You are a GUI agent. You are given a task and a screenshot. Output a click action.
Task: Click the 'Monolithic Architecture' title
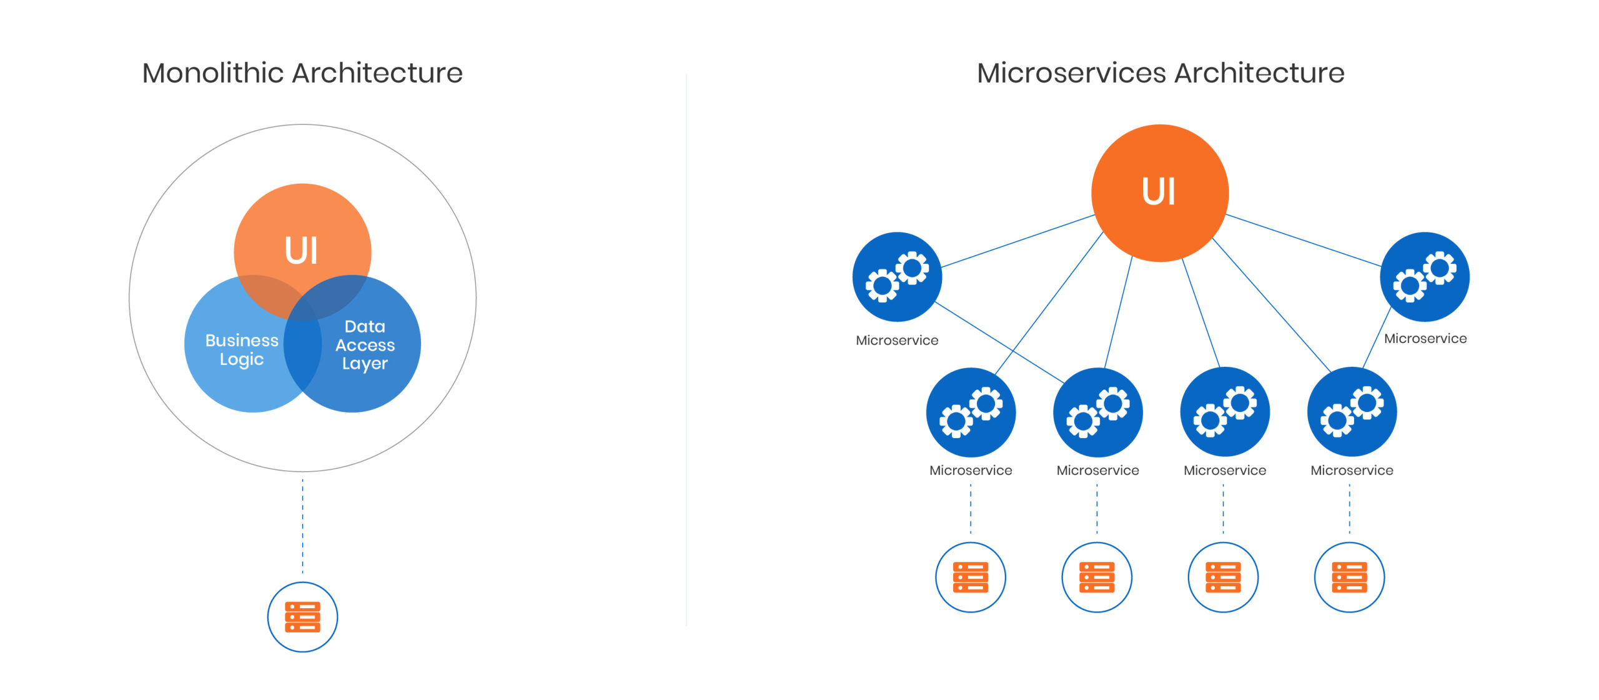click(302, 73)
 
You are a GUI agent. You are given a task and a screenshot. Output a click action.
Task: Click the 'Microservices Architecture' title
click(1161, 73)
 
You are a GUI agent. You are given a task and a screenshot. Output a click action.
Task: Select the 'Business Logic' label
click(242, 349)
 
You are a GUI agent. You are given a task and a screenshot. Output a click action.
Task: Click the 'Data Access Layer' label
click(365, 344)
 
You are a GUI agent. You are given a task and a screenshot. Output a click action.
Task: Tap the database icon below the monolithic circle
click(302, 617)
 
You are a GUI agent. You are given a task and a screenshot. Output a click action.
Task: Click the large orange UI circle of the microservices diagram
click(1160, 192)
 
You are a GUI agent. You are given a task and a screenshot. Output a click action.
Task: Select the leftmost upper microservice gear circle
click(897, 277)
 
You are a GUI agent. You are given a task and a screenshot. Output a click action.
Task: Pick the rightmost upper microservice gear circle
click(1424, 277)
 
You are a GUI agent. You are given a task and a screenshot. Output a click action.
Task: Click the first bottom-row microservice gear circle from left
click(971, 412)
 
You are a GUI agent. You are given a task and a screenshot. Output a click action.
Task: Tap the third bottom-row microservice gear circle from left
click(1225, 412)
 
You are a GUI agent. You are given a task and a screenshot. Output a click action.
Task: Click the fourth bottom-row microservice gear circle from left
click(1352, 412)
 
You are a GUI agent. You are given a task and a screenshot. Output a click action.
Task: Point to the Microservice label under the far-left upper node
click(897, 340)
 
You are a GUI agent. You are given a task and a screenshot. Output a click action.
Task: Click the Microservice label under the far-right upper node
click(1425, 338)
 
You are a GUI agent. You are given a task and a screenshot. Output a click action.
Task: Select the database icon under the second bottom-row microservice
click(1097, 577)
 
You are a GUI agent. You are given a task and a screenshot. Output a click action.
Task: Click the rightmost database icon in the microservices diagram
click(1349, 577)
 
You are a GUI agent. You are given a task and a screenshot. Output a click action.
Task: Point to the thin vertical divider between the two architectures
click(686, 350)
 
